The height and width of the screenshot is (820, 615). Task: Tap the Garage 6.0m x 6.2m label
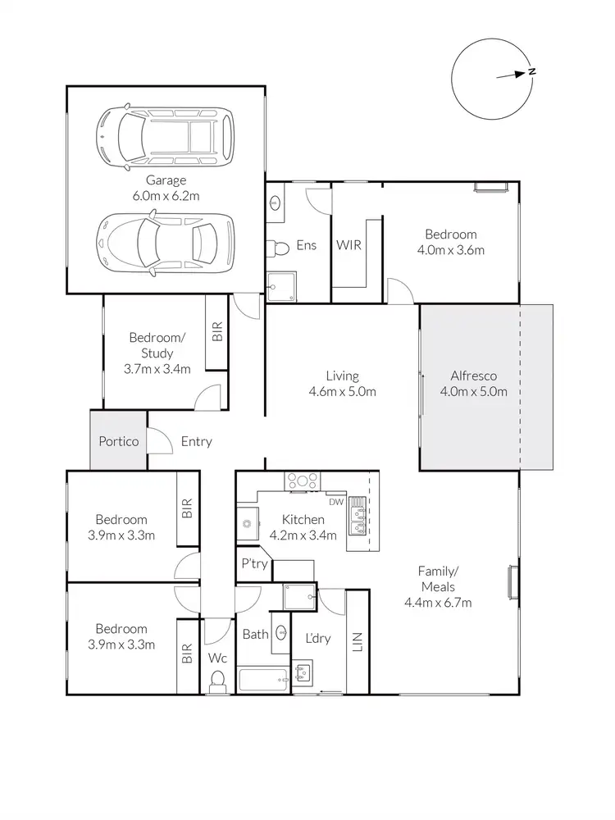(x=166, y=188)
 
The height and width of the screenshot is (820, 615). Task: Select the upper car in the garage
(x=164, y=134)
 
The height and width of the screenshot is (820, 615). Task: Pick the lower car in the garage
(x=164, y=239)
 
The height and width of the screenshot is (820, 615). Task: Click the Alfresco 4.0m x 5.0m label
(x=479, y=384)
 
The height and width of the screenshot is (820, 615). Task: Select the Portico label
(x=118, y=441)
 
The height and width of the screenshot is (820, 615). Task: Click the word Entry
(x=196, y=441)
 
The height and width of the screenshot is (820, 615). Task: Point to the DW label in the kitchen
(x=335, y=502)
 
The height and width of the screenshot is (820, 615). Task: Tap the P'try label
(x=251, y=564)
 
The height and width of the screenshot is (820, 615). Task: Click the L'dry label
(x=317, y=638)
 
